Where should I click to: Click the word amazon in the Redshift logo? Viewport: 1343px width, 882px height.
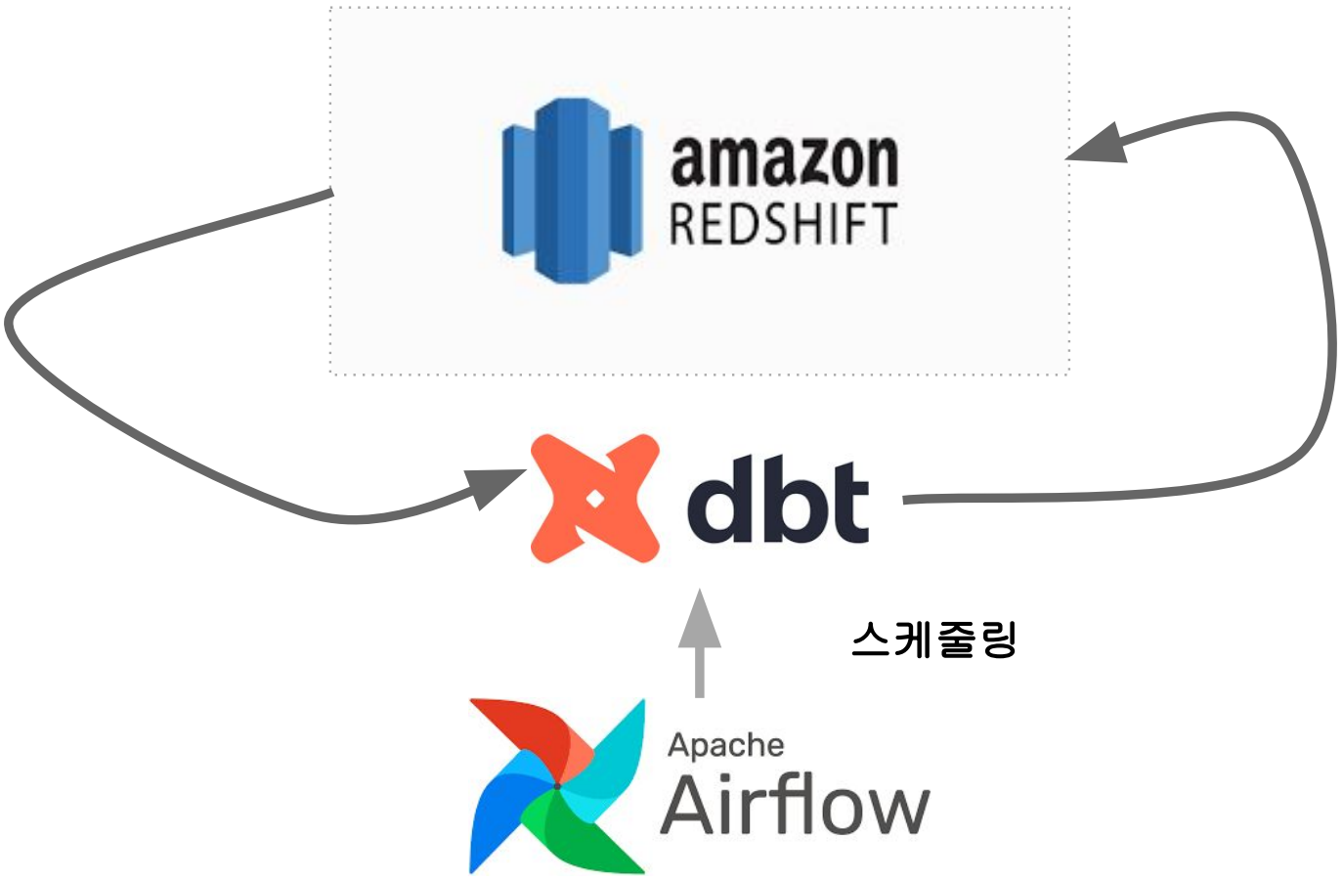[x=783, y=161]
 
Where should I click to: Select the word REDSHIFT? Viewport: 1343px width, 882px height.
[x=783, y=224]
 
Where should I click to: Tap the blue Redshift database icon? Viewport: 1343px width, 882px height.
[x=572, y=191]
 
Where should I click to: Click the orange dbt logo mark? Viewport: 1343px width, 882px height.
[x=594, y=499]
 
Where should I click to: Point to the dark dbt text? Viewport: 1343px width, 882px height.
[x=778, y=500]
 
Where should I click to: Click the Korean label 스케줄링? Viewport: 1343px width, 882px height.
[x=934, y=640]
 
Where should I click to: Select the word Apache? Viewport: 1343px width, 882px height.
[x=725, y=745]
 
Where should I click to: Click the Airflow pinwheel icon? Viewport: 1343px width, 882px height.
[x=557, y=785]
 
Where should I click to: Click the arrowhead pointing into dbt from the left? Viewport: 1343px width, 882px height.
[x=497, y=485]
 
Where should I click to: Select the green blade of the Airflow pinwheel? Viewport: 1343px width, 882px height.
[x=586, y=836]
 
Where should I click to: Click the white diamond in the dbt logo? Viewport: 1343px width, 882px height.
[x=593, y=500]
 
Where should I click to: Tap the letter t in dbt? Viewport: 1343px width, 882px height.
[x=846, y=501]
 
